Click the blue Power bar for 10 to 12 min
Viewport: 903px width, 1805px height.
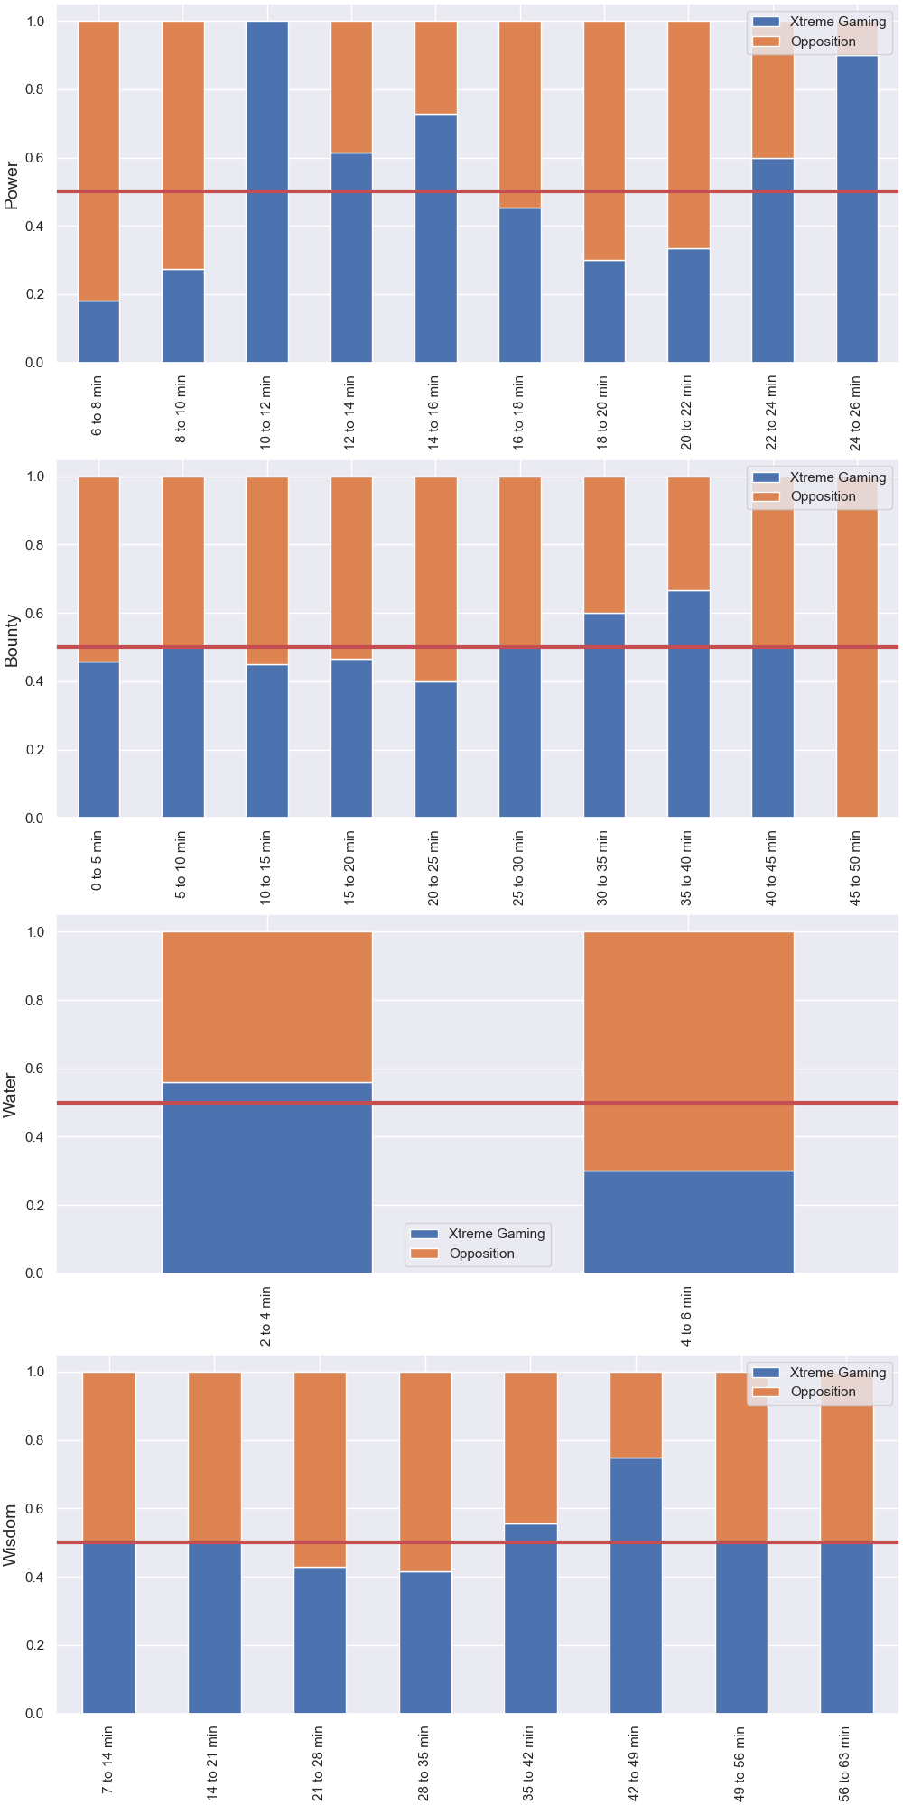coord(267,191)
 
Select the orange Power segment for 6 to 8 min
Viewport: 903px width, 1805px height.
coord(98,161)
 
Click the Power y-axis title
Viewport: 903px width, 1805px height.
coord(12,185)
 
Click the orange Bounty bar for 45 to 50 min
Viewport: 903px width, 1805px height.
coord(857,647)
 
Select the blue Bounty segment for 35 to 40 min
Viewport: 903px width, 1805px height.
coord(688,704)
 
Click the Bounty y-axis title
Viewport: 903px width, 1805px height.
coord(12,641)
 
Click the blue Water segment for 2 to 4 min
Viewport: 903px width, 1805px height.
coord(267,1178)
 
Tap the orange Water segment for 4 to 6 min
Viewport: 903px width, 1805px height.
coord(689,1051)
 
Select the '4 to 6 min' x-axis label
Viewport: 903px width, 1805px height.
coord(686,1316)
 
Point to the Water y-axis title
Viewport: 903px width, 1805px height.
coord(11,1096)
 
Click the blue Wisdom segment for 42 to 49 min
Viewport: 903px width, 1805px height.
coord(636,1585)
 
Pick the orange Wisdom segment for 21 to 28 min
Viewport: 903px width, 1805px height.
coord(320,1469)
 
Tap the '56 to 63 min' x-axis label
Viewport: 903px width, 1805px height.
coord(844,1763)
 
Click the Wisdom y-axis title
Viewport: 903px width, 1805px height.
coord(11,1535)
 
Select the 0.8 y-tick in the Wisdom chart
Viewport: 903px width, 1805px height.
coord(36,1440)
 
